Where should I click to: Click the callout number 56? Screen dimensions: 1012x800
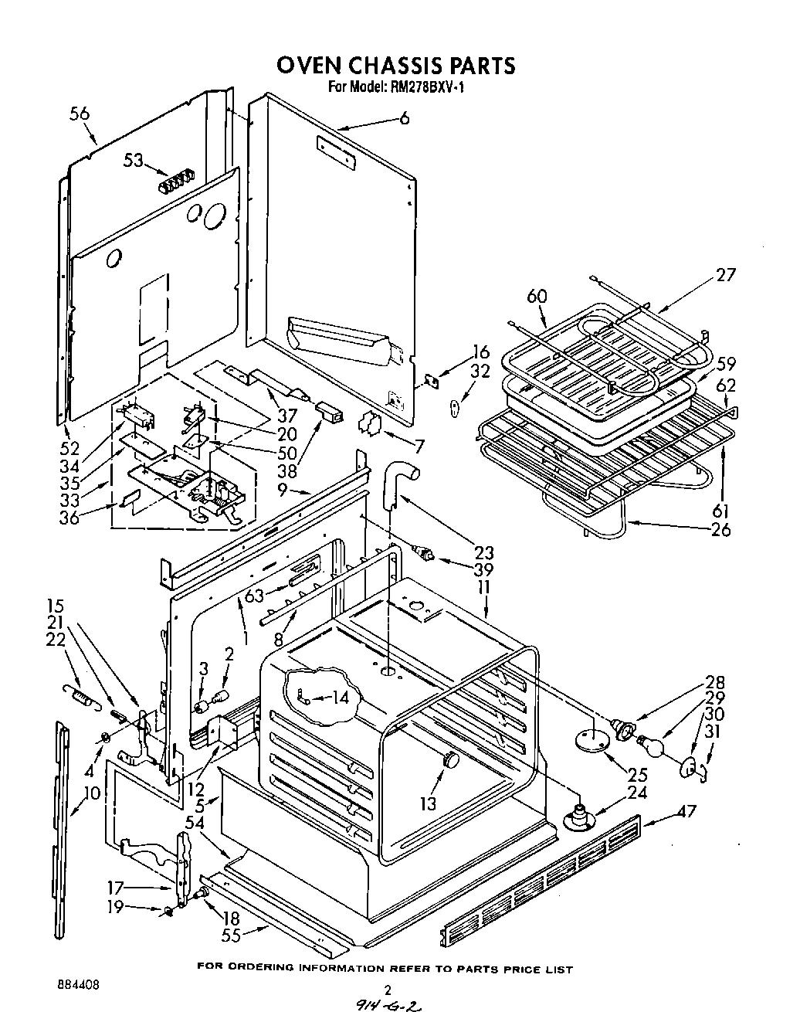coord(79,114)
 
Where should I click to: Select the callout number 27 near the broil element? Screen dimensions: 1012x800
coord(725,274)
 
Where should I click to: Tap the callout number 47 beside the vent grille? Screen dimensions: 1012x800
coord(686,810)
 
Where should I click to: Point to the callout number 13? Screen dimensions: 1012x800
coord(429,803)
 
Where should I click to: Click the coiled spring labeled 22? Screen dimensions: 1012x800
coord(78,694)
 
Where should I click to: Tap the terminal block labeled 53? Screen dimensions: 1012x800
coord(175,185)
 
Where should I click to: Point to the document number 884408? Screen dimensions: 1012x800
coord(77,986)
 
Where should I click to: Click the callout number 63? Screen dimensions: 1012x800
coord(254,595)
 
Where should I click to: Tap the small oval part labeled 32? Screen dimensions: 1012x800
coord(456,404)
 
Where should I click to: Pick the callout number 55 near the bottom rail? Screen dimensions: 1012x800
coord(231,936)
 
